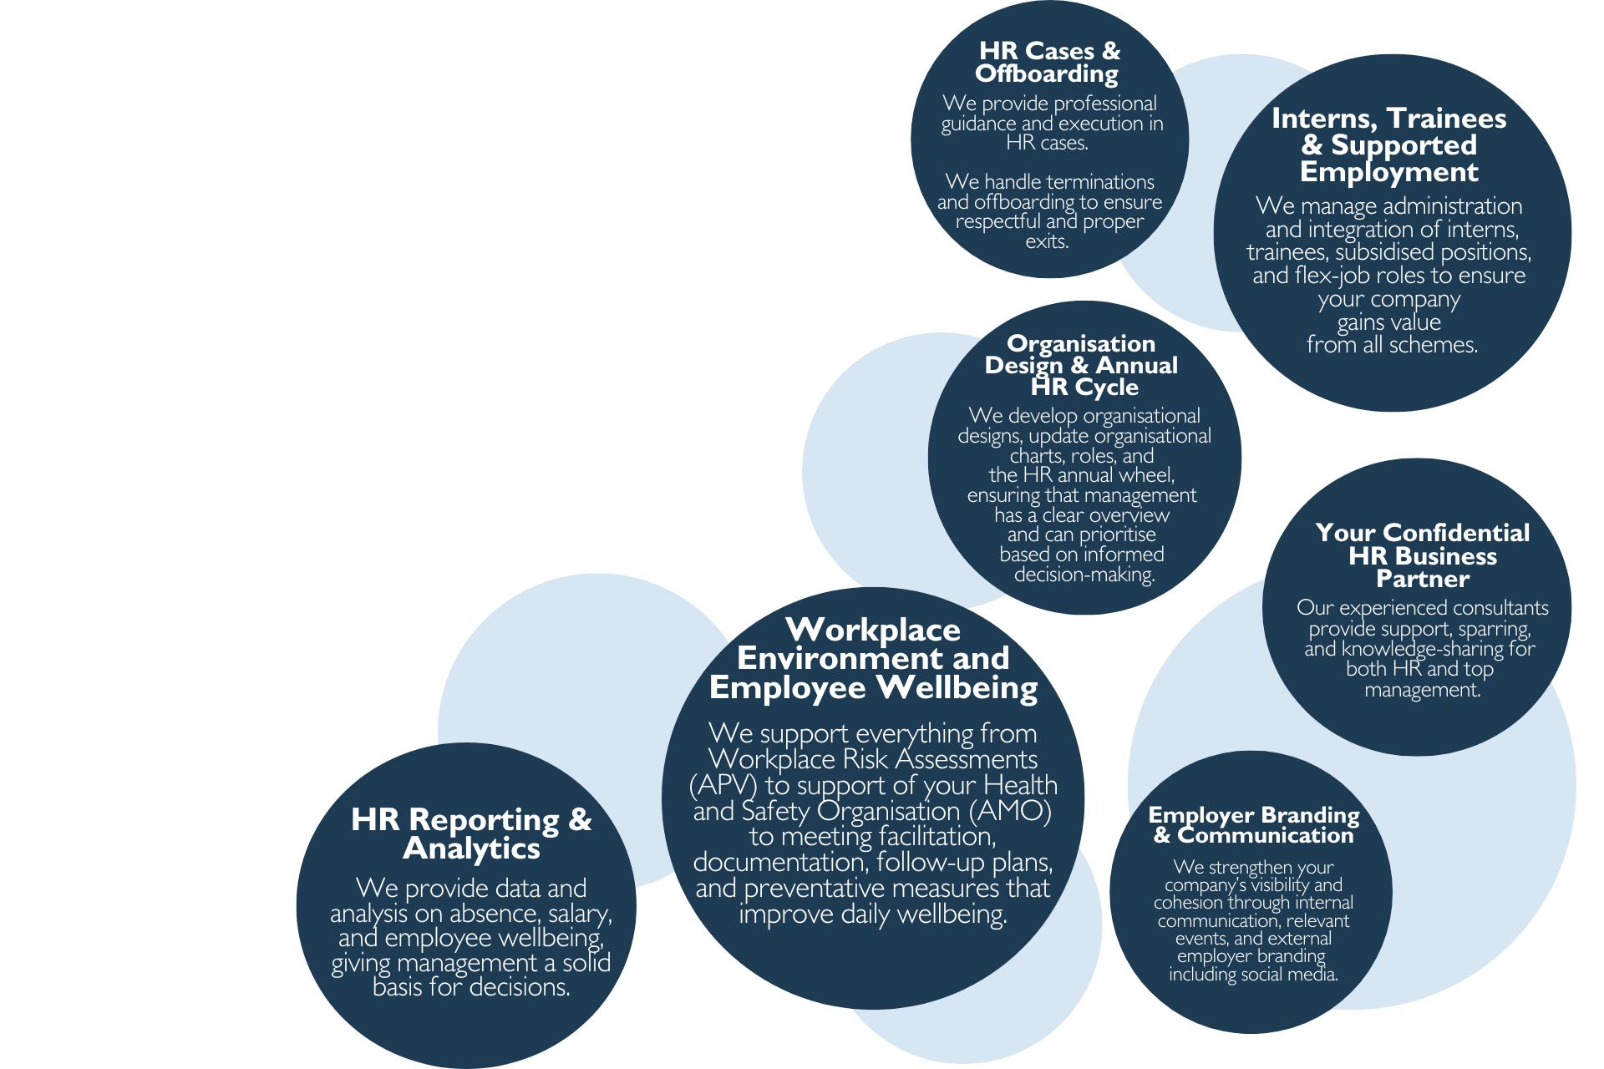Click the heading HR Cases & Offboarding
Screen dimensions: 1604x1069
coord(1048,63)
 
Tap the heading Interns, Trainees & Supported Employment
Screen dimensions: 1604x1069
coord(1389,144)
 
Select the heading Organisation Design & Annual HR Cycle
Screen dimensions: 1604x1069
coord(1082,365)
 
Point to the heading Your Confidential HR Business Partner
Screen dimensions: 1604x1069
coord(1423,555)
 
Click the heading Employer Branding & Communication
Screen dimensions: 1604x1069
coord(1254,825)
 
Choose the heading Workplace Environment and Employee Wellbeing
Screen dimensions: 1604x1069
coord(873,658)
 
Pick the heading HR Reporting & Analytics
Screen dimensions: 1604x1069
coord(471,833)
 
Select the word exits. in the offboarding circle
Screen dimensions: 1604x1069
coord(1047,241)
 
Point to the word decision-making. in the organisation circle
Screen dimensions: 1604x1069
coord(1084,575)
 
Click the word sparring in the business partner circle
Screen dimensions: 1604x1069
coord(1495,629)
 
